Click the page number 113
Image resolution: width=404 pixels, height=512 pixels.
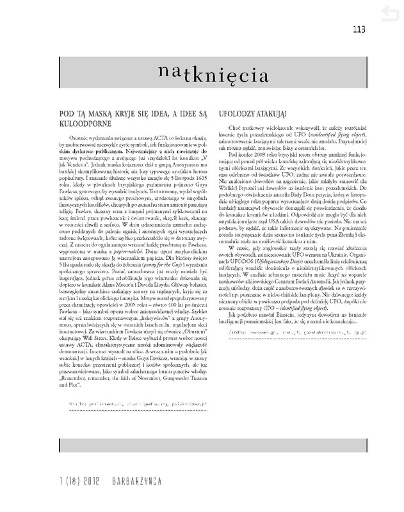358,29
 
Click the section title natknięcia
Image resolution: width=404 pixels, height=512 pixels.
213,74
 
